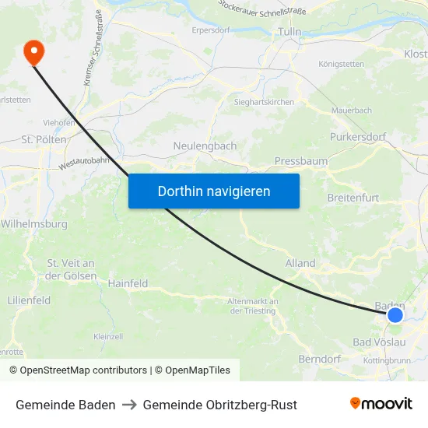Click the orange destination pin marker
(34, 51)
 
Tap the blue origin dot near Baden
(395, 315)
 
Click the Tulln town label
(289, 31)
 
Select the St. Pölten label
(37, 139)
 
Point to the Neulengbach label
(205, 146)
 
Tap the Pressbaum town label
(301, 161)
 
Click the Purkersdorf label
(358, 138)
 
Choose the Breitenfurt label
(353, 198)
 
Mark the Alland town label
(300, 264)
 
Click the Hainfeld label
(128, 284)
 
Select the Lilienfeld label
(29, 300)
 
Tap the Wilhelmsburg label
(34, 224)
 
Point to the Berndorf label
(320, 359)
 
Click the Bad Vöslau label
(379, 342)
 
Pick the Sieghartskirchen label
(264, 102)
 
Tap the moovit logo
(381, 404)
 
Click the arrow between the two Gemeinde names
(129, 405)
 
